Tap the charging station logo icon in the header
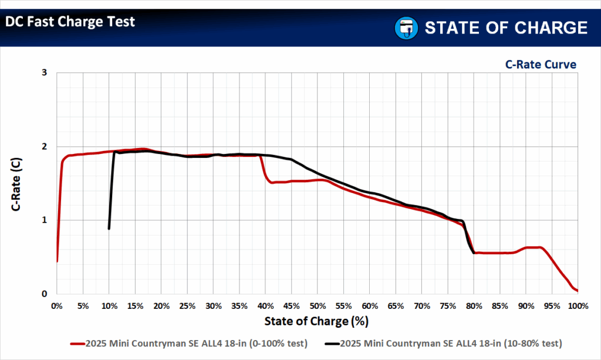click(x=405, y=28)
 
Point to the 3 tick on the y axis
click(x=44, y=73)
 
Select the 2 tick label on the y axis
click(x=44, y=146)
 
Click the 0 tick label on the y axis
click(x=44, y=294)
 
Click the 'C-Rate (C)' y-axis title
click(x=17, y=183)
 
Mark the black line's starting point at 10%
click(x=109, y=228)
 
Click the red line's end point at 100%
click(x=578, y=291)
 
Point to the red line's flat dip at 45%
click(x=291, y=181)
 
